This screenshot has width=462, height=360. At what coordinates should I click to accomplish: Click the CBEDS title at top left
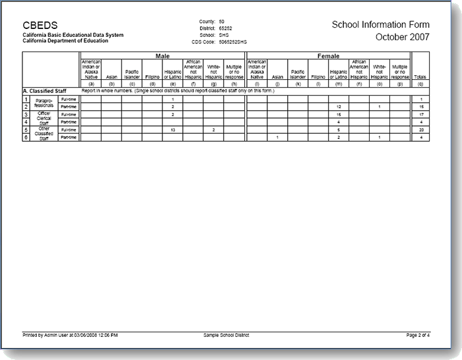pyautogui.click(x=40, y=25)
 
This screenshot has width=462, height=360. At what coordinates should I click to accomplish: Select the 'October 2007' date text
pyautogui.click(x=402, y=37)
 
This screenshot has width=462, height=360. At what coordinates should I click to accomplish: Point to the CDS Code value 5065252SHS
pyautogui.click(x=232, y=41)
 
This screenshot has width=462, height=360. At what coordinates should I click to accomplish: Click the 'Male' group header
pyautogui.click(x=162, y=56)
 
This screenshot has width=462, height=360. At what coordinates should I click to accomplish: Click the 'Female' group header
pyautogui.click(x=328, y=56)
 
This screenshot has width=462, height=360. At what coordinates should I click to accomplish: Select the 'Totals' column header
pyautogui.click(x=420, y=77)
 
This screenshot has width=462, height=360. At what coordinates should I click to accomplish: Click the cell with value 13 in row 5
pyautogui.click(x=172, y=130)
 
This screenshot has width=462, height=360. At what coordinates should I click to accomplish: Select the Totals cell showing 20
pyautogui.click(x=420, y=130)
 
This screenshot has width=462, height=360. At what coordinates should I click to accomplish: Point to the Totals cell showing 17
pyautogui.click(x=420, y=114)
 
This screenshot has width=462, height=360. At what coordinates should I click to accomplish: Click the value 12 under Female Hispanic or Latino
pyautogui.click(x=338, y=106)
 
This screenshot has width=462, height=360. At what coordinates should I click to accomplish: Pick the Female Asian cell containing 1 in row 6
pyautogui.click(x=277, y=137)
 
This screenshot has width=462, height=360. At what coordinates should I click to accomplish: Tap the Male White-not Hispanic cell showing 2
pyautogui.click(x=213, y=130)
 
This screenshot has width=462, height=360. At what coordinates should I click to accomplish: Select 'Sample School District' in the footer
pyautogui.click(x=227, y=335)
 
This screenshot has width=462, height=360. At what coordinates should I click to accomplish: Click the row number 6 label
pyautogui.click(x=26, y=137)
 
